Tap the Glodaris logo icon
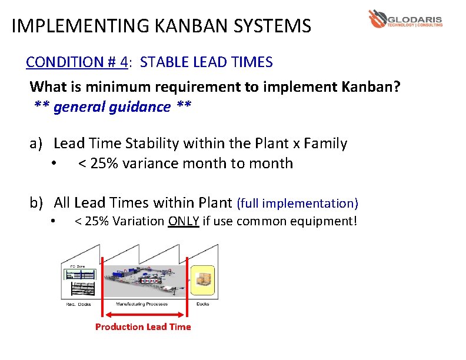[x=377, y=18]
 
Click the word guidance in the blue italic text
[x=140, y=106]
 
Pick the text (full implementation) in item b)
[x=297, y=204]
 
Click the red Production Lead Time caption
[x=143, y=326]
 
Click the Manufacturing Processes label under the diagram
[x=142, y=304]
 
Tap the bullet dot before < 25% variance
[x=54, y=164]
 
